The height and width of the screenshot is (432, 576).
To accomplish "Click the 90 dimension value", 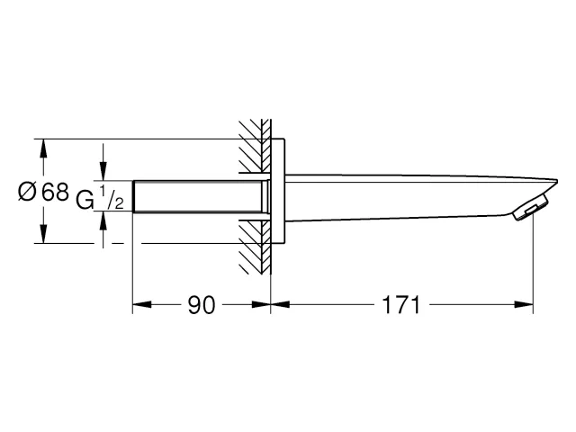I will (x=201, y=306).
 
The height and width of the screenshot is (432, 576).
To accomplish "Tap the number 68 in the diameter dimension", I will (x=55, y=192).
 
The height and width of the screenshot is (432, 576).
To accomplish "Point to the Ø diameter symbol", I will (x=28, y=192).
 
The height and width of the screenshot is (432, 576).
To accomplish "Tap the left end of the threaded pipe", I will (x=135, y=196).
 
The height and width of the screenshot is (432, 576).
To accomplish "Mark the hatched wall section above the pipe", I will (x=255, y=144).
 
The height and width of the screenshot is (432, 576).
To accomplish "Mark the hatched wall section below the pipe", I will (x=255, y=247).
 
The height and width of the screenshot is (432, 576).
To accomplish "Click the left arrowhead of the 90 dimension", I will (x=139, y=306).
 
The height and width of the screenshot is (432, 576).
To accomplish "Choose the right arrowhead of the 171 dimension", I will (x=526, y=306).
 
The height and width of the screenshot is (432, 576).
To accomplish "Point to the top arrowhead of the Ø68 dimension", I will (x=40, y=146).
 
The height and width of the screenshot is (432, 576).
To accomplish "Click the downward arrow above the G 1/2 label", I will (x=104, y=174).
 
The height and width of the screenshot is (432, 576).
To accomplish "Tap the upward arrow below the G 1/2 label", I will (x=104, y=220).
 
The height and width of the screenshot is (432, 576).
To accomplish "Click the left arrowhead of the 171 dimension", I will (x=277, y=306).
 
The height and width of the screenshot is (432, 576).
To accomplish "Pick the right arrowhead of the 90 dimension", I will (x=264, y=306).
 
